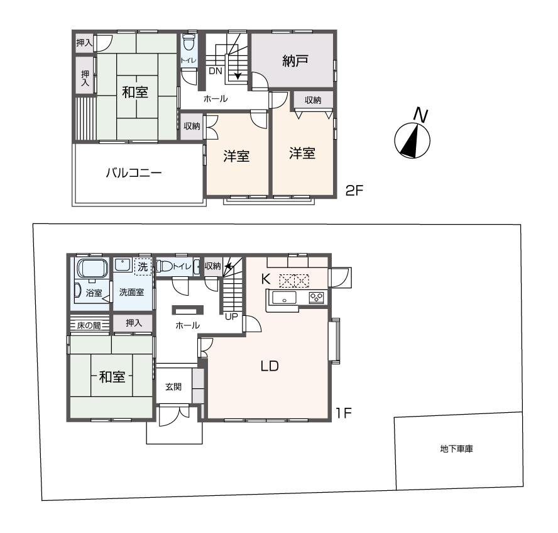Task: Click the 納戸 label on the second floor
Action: (295, 61)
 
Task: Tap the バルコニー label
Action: (134, 173)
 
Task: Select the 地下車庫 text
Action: (457, 449)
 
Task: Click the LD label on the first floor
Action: (270, 366)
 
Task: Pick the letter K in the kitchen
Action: (265, 279)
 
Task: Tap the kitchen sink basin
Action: (284, 298)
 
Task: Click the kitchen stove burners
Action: (316, 298)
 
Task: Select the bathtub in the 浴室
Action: (92, 268)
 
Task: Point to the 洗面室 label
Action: (131, 293)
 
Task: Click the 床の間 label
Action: (89, 325)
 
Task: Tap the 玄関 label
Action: (173, 387)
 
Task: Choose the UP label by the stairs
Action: (231, 317)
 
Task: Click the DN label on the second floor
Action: (216, 71)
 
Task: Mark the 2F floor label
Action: (354, 191)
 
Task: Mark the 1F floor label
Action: (344, 413)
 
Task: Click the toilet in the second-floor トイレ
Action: (189, 43)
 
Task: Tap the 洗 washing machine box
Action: (143, 267)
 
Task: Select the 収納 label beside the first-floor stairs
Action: (212, 266)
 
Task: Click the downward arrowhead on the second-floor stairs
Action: (238, 76)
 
